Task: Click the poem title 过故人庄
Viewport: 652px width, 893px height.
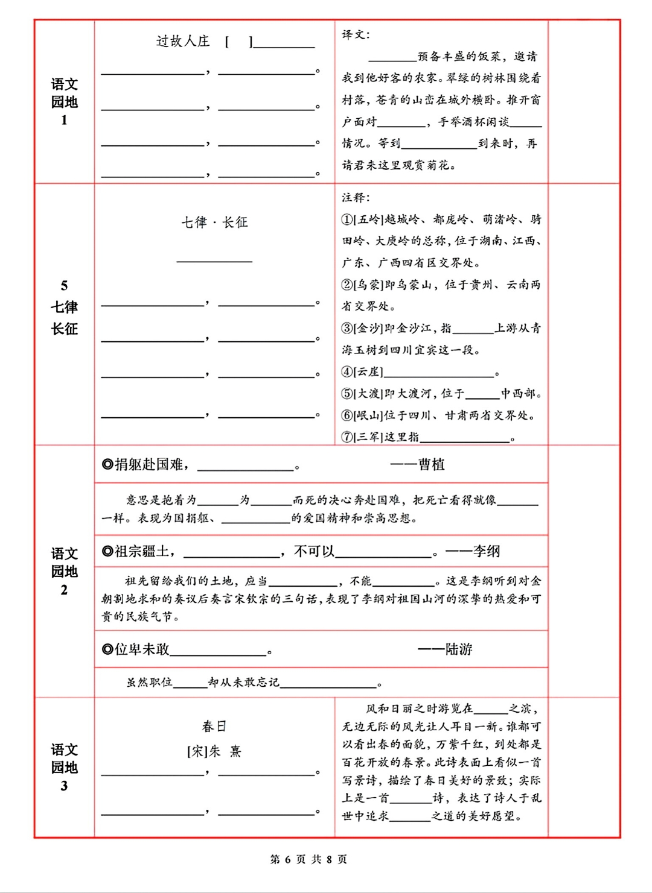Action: coord(183,41)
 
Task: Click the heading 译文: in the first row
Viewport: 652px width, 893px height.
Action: coord(356,34)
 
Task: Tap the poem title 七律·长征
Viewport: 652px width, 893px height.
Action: coord(214,222)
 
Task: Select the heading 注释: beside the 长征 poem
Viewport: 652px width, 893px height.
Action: coord(356,197)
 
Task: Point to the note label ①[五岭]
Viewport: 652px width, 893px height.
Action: coord(362,219)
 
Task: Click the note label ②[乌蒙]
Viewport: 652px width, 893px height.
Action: coord(362,285)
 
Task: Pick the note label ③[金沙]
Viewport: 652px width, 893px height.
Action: coord(362,328)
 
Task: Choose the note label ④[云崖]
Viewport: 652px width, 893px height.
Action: coord(362,372)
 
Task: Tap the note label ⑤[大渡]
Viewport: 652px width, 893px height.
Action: coord(362,394)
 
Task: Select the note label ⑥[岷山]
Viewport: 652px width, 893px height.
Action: coord(362,415)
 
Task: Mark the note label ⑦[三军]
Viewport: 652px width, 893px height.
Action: coord(362,437)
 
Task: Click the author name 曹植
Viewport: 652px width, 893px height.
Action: coord(431,464)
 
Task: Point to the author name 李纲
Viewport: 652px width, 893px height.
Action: coord(486,551)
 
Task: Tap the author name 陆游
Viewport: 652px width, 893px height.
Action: coord(458,649)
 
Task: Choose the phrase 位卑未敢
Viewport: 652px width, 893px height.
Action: coord(142,649)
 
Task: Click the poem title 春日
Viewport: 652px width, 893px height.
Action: coord(214,726)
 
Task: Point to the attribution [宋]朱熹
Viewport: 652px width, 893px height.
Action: coord(214,751)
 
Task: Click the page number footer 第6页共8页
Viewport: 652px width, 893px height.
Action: coord(308,859)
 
